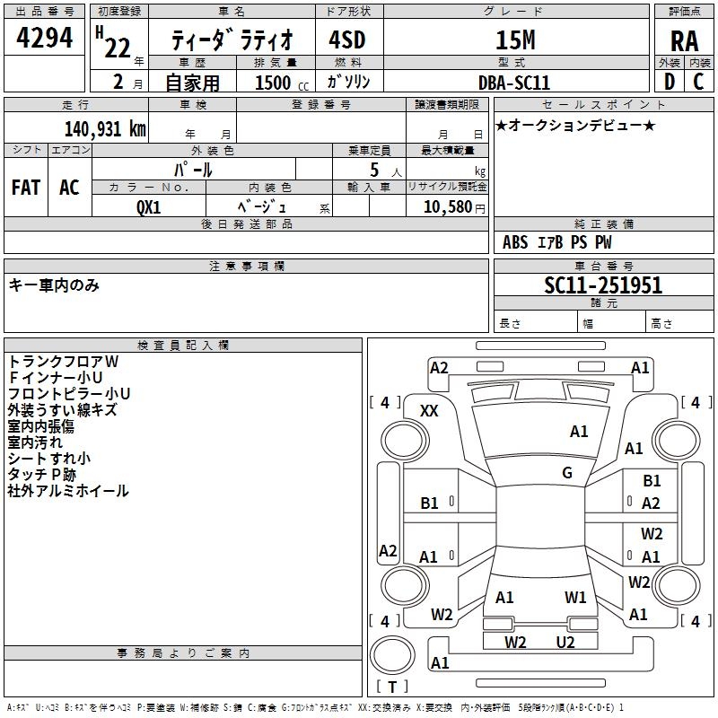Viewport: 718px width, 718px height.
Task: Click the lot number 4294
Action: (x=44, y=38)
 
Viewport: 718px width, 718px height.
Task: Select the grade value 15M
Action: (x=515, y=40)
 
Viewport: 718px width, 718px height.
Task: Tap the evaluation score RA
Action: (x=684, y=41)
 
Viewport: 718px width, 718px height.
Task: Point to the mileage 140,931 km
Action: (x=105, y=129)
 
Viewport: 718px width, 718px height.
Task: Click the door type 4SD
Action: (x=347, y=39)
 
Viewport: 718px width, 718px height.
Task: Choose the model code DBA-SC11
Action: (x=513, y=83)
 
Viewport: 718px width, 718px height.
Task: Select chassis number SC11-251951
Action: (x=603, y=285)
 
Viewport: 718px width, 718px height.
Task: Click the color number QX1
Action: (x=148, y=207)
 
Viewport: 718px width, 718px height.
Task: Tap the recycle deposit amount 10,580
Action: (x=448, y=207)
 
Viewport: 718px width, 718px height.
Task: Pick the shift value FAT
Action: (x=26, y=188)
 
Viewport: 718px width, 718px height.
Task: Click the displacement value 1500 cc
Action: (x=282, y=83)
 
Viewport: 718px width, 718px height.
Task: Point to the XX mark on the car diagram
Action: (x=429, y=411)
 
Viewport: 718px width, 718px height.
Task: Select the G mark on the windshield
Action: (x=567, y=473)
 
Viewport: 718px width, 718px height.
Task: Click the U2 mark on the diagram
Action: (x=565, y=643)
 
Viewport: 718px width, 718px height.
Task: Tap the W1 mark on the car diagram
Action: (x=575, y=598)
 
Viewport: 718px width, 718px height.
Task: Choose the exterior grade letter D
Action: (x=670, y=82)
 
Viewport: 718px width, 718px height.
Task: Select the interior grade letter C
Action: (x=698, y=82)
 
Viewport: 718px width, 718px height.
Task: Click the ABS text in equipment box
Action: (x=515, y=242)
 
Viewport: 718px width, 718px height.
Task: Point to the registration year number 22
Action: (x=118, y=48)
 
